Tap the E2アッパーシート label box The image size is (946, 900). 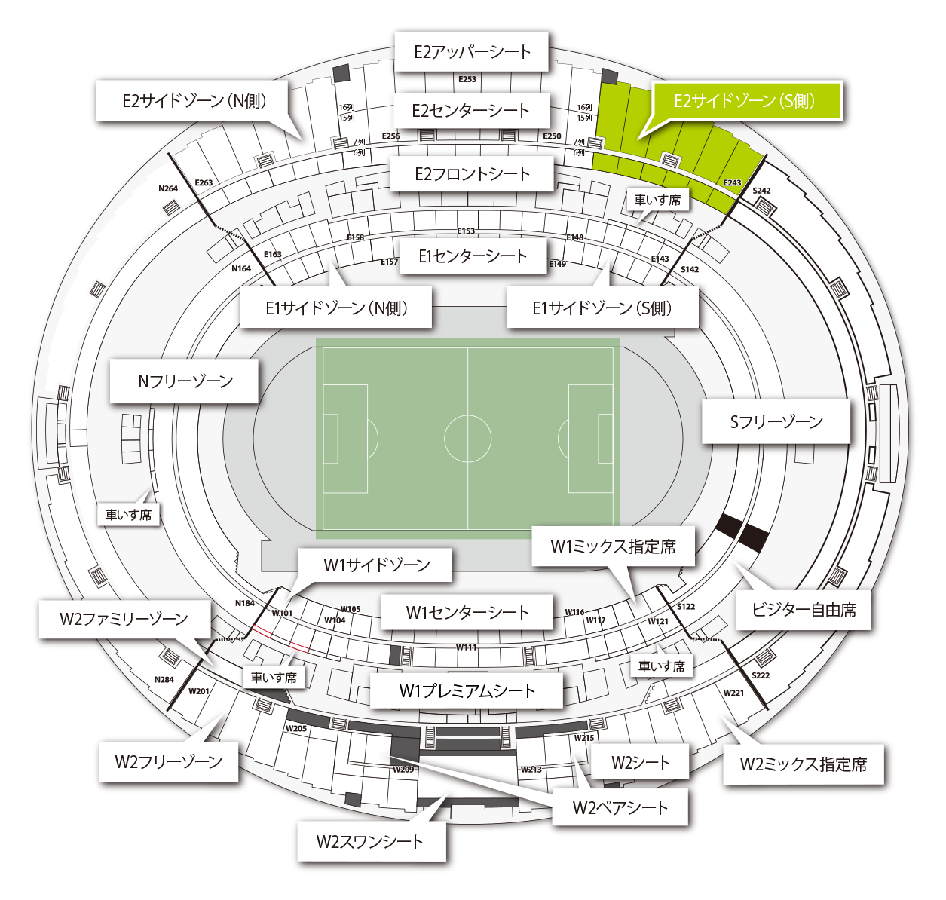pyautogui.click(x=472, y=52)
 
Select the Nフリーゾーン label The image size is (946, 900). pyautogui.click(x=185, y=381)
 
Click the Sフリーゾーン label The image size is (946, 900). pyautogui.click(x=776, y=422)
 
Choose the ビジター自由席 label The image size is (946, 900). pyautogui.click(x=804, y=610)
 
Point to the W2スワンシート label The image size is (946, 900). pyautogui.click(x=370, y=841)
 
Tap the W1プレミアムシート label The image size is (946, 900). pyautogui.click(x=467, y=690)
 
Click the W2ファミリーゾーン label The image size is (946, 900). pyautogui.click(x=124, y=619)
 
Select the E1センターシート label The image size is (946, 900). pyautogui.click(x=473, y=256)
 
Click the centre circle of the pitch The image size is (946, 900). pyautogui.click(x=467, y=438)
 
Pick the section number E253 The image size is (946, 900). pyautogui.click(x=467, y=79)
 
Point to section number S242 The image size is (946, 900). pyautogui.click(x=761, y=191)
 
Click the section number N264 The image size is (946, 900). pyautogui.click(x=168, y=188)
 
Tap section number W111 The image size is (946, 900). pyautogui.click(x=466, y=647)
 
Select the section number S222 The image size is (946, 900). pyautogui.click(x=761, y=675)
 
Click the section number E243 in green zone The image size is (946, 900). pyautogui.click(x=732, y=183)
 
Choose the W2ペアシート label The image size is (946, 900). pyautogui.click(x=620, y=808)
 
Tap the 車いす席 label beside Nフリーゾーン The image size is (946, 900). pyautogui.click(x=129, y=515)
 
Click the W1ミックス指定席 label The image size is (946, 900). pyautogui.click(x=613, y=546)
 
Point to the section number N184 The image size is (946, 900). pyautogui.click(x=244, y=603)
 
